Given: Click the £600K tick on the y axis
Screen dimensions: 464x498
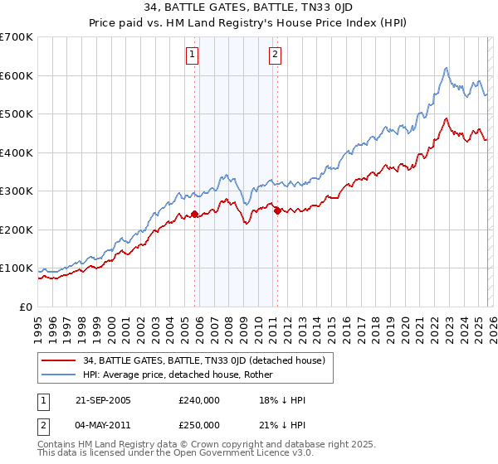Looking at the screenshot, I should [17, 75].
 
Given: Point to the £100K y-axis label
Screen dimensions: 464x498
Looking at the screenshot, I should [17, 268].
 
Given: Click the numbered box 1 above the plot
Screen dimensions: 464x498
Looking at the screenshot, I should [192, 56].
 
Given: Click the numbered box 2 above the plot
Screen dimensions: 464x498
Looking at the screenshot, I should [274, 56].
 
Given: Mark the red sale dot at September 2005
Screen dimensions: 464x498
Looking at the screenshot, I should [195, 214].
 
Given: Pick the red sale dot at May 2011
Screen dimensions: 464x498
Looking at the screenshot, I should [277, 210].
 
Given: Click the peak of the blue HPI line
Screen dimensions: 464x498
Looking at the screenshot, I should [447, 68].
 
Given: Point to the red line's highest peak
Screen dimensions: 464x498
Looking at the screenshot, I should [447, 118].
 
